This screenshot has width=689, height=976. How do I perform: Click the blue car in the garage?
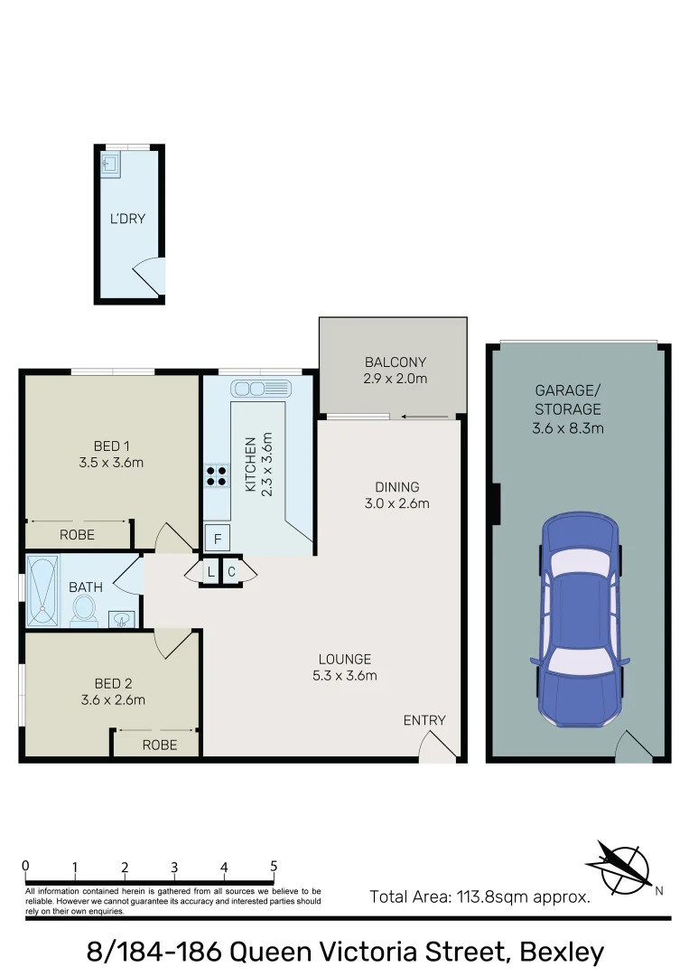coord(580,624)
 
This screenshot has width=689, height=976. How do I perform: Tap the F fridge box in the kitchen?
coord(217,539)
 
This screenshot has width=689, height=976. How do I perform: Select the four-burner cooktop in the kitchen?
coord(217,475)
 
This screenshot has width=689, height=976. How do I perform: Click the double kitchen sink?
coord(260,389)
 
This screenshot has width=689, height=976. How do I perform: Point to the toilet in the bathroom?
coord(85,609)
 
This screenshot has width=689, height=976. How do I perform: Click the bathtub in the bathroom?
coord(41,591)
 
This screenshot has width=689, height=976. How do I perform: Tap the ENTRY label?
coord(424,720)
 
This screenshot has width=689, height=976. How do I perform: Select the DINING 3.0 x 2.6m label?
coord(397,495)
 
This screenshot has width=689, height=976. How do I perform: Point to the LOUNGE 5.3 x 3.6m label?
coord(344,667)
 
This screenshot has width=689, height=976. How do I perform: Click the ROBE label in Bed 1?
coord(77,535)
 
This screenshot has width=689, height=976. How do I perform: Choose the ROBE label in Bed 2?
coord(159,745)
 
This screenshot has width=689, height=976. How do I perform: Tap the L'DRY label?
coord(127,219)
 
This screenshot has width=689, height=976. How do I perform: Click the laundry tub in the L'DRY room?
coord(110,164)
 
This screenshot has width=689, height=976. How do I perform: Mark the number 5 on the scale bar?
coord(274,866)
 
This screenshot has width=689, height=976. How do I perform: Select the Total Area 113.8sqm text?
coord(480,897)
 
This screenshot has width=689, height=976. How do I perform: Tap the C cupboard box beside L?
coord(231,572)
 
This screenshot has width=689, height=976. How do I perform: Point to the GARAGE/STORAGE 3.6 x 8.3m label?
coord(568,409)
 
